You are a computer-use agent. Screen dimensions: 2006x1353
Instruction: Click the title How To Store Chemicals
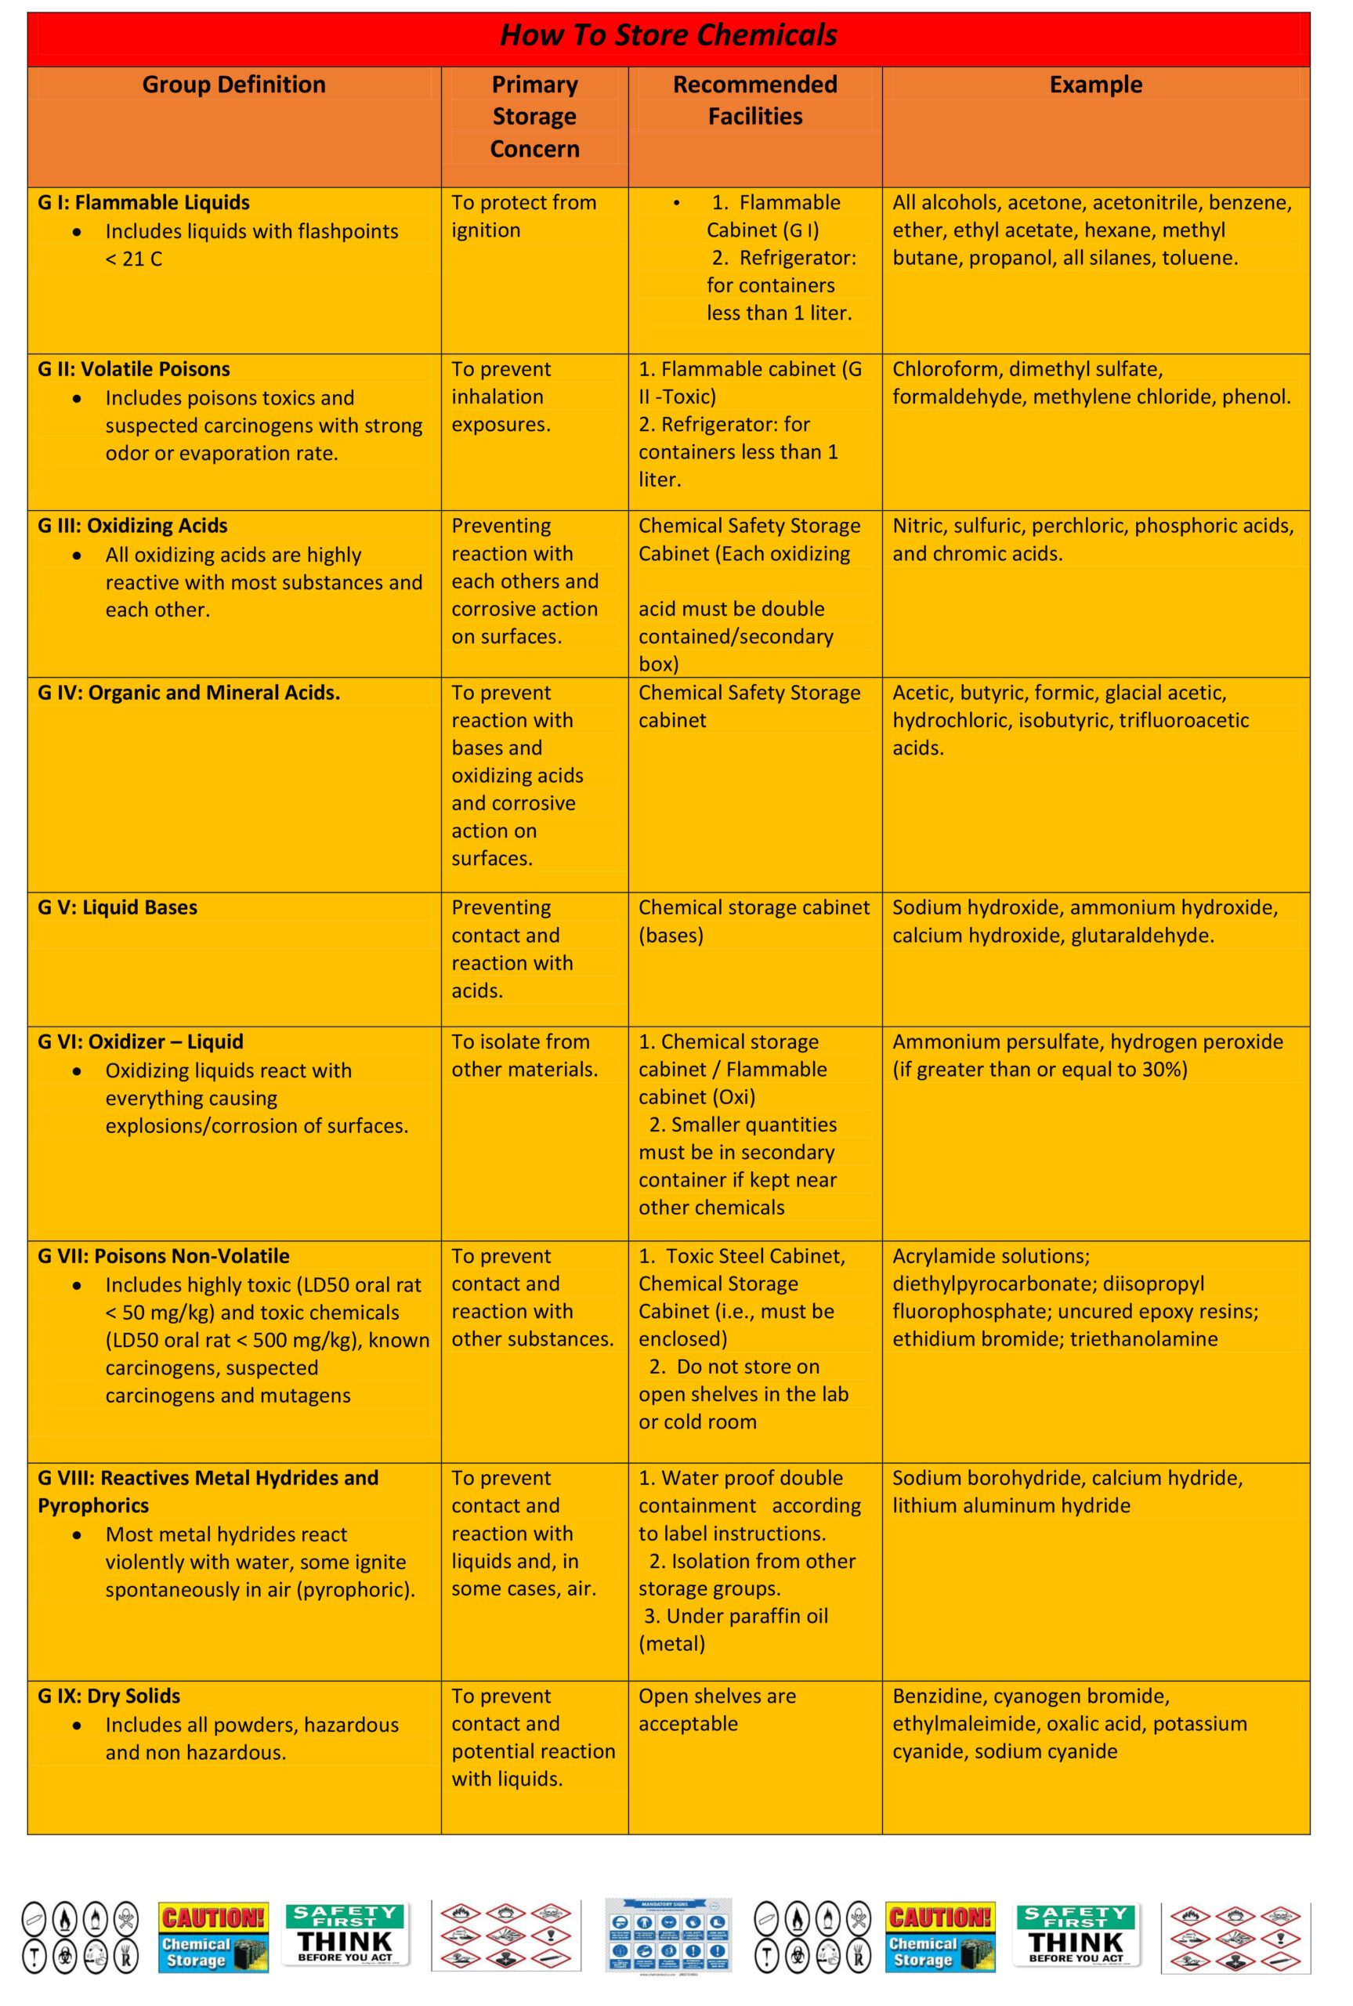tap(669, 35)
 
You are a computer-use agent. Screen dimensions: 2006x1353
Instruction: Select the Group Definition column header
tap(233, 85)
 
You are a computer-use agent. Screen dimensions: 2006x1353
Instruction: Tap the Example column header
tap(1095, 85)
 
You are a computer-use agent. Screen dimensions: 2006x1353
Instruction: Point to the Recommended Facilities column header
tap(755, 100)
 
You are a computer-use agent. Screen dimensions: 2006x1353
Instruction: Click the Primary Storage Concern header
tap(534, 117)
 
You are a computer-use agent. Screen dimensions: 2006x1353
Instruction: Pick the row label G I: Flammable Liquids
tap(143, 203)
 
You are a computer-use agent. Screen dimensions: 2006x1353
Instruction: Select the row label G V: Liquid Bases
tap(118, 907)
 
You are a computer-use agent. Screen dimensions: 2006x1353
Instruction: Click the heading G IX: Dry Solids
tap(109, 1696)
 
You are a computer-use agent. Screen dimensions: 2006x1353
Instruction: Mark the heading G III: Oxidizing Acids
tap(133, 527)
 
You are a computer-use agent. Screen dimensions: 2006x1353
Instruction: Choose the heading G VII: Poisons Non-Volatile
tap(164, 1256)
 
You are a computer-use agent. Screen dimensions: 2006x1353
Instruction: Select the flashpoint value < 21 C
tap(134, 259)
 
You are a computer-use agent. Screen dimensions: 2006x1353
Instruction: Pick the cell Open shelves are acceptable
tap(717, 1709)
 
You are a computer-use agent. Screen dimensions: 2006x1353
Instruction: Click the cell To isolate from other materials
tap(524, 1056)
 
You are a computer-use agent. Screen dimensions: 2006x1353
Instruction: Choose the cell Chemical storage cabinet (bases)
tap(754, 922)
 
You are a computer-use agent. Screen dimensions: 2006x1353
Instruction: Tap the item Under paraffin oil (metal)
tap(734, 1630)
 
